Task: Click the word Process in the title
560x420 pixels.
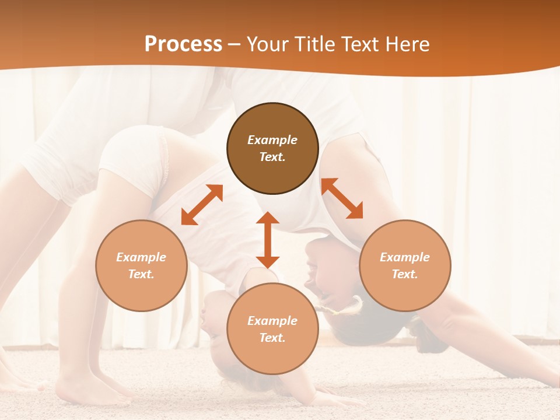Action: point(183,44)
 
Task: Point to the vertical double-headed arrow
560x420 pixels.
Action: point(268,240)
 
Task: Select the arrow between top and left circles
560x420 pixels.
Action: point(202,205)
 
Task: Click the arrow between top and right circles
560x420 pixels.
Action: point(342,198)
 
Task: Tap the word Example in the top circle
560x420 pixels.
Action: point(272,140)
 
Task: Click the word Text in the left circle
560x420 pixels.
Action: point(141,274)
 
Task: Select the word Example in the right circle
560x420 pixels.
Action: point(405,257)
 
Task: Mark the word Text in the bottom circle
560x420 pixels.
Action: point(272,338)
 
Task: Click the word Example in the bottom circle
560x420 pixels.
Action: point(272,321)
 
